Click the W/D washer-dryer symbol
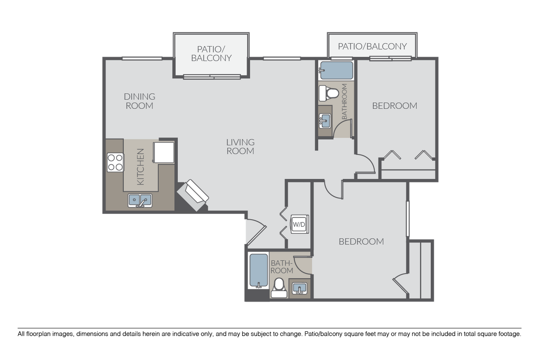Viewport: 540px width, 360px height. [300, 224]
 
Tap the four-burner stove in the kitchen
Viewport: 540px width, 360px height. [115, 162]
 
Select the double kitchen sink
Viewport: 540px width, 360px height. [140, 200]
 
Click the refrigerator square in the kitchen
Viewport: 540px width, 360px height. [163, 152]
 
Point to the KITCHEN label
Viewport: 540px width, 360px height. [140, 167]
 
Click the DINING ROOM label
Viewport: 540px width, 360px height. [139, 101]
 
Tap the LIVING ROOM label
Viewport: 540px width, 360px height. [240, 147]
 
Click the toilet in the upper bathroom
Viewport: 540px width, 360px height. [329, 93]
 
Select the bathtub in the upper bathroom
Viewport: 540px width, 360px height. [336, 71]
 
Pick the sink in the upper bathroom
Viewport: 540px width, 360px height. [324, 121]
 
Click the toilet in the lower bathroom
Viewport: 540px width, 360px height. [279, 288]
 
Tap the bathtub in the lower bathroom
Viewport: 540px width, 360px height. [258, 270]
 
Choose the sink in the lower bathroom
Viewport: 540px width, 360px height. [300, 288]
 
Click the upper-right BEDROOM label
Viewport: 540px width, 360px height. [395, 106]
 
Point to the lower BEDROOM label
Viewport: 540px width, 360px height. [361, 242]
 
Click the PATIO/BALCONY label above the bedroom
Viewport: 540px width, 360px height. [372, 46]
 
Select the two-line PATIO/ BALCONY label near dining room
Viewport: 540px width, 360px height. [211, 54]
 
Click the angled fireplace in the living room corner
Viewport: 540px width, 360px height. [193, 195]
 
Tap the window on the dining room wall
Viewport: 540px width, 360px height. [142, 58]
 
